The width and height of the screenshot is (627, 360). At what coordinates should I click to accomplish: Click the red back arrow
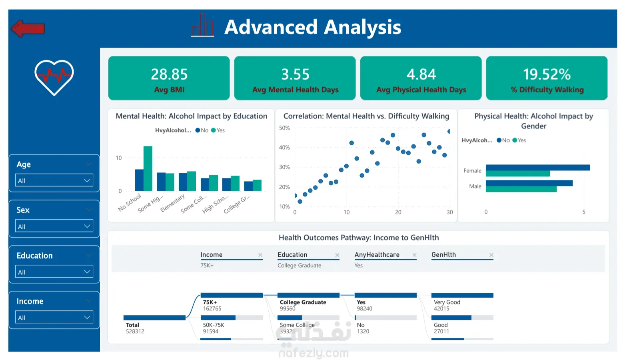pos(28,28)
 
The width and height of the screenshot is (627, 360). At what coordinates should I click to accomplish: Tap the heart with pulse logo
pos(54,77)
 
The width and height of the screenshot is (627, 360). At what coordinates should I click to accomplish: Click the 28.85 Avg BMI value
pos(169,74)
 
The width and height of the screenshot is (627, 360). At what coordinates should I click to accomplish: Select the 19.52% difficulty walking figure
pos(547,74)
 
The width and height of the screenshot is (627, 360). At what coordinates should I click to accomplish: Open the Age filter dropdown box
pos(54,180)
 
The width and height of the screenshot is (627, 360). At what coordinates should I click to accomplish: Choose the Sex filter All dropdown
pos(54,226)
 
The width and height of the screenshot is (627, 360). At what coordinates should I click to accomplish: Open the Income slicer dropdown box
pos(54,317)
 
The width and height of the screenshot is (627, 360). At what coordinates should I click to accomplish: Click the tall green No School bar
pos(148,168)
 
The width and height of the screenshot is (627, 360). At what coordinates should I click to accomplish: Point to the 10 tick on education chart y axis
pos(119,158)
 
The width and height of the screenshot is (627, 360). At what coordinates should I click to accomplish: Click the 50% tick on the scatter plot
pos(284,128)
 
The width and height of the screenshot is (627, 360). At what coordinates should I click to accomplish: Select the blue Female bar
pos(537,168)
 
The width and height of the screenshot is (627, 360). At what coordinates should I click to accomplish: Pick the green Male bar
pos(521,189)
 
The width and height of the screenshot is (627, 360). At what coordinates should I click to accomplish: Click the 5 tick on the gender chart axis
pos(584,212)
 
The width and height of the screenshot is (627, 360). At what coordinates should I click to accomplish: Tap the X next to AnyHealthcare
pos(414,255)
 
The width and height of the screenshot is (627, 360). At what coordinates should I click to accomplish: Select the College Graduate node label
pos(303,302)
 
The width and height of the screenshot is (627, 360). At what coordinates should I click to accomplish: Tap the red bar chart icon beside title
pos(202,26)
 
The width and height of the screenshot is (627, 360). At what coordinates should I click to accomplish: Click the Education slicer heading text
pos(35,256)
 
